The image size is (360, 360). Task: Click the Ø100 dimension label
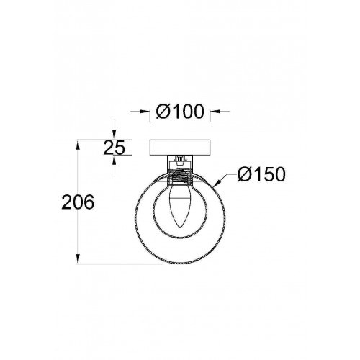tap(180, 112)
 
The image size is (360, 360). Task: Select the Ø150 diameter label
tap(261, 174)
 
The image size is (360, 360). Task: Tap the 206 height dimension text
tap(78, 202)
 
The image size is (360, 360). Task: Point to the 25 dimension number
tap(114, 147)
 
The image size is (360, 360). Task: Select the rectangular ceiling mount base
tap(180, 148)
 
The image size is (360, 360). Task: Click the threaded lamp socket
tap(180, 177)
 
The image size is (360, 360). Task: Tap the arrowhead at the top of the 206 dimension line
tap(78, 145)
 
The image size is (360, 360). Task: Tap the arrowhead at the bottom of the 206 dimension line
tap(78, 259)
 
